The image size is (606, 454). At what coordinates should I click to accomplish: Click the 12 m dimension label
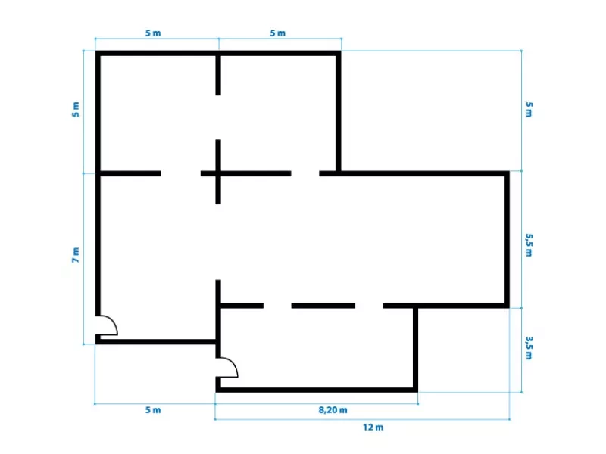click(x=373, y=428)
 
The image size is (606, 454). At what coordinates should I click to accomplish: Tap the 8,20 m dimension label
click(x=333, y=410)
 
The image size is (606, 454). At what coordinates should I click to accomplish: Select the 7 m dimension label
click(x=76, y=255)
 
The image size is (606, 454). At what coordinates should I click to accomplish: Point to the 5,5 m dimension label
click(x=529, y=244)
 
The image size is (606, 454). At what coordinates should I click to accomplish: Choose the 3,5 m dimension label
click(x=529, y=348)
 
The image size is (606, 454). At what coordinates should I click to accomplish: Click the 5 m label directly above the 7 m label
click(x=76, y=110)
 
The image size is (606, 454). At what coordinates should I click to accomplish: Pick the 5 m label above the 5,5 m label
click(x=529, y=110)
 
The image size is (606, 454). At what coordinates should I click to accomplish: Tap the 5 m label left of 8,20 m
click(x=153, y=410)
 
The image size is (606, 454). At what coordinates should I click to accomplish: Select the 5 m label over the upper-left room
click(x=153, y=33)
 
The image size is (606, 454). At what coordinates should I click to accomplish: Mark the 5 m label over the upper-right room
click(x=278, y=33)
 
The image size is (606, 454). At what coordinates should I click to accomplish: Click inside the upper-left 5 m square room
click(x=158, y=113)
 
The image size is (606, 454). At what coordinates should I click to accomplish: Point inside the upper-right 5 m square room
click(x=278, y=113)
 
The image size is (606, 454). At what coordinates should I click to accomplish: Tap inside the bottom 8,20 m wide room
click(x=317, y=347)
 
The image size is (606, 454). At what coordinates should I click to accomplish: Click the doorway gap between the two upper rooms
click(x=218, y=117)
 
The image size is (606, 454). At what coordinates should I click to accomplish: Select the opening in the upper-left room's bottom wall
click(x=181, y=173)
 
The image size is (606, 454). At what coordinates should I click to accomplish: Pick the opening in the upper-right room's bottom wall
click(x=305, y=173)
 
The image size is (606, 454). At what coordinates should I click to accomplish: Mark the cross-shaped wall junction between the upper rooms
click(x=218, y=173)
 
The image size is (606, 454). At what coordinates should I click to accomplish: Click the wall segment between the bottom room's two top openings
click(x=323, y=306)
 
